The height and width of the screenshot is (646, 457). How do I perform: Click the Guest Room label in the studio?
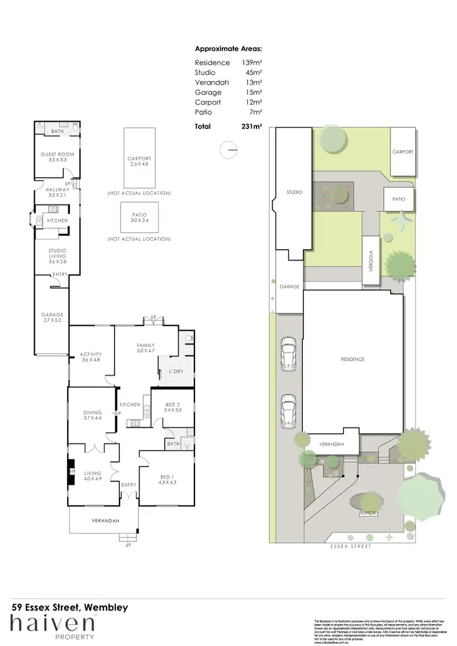[x=57, y=155]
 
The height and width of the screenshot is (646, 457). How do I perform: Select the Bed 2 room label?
[x=172, y=404]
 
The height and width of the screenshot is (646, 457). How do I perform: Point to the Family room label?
[x=146, y=345]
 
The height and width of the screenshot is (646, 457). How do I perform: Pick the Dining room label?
[x=92, y=413]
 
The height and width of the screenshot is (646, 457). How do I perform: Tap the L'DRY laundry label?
[x=168, y=371]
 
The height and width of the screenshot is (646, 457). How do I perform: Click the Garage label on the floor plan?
[x=52, y=315]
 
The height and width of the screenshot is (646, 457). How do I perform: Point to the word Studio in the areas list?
[x=205, y=72]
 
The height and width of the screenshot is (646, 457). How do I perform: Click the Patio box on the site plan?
[x=399, y=199]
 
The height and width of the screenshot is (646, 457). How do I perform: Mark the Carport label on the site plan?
[x=403, y=152]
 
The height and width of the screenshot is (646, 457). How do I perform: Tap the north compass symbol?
[x=228, y=149]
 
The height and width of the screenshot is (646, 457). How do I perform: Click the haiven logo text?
[x=52, y=624]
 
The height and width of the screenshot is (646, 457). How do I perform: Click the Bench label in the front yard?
[x=367, y=512]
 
